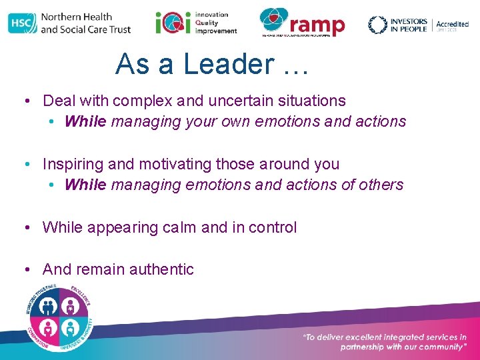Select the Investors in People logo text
tap(407, 25)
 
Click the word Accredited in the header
tap(452, 24)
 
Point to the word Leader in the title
tap(227, 64)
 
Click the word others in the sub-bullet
tap(381, 185)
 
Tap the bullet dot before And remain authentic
tap(25, 270)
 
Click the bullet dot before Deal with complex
tap(25, 101)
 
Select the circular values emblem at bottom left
tap(59, 317)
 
